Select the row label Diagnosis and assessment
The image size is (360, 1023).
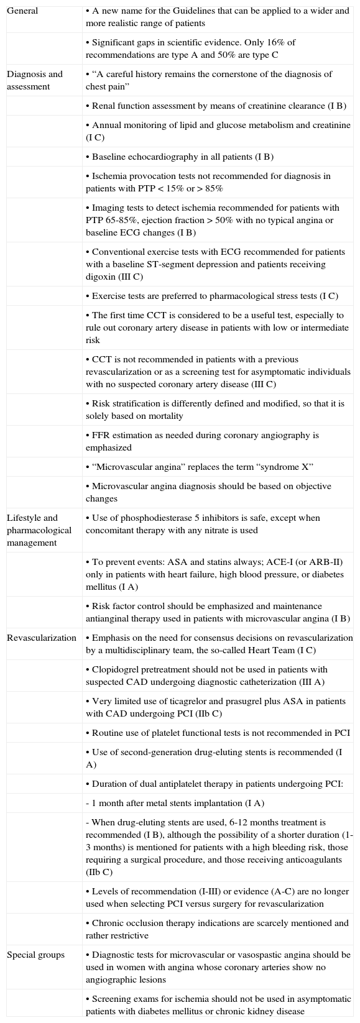[34, 80]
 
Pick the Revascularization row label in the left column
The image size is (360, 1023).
[41, 638]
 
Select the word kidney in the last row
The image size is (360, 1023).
[264, 1011]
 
